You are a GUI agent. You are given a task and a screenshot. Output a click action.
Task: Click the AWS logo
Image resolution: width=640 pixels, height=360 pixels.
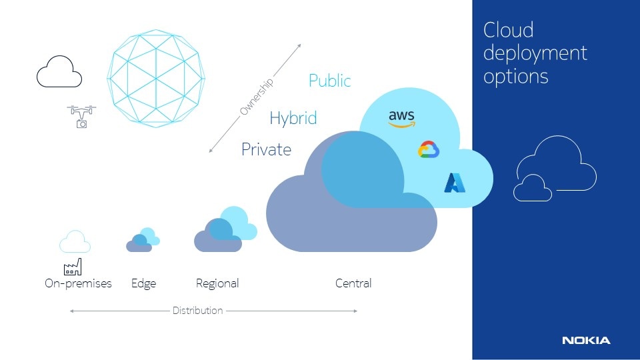pyautogui.click(x=401, y=119)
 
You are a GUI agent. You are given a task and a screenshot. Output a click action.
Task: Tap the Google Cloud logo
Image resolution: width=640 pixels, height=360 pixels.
pyautogui.click(x=429, y=149)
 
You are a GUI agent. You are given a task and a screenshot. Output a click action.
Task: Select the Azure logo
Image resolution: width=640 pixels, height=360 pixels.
pyautogui.click(x=455, y=183)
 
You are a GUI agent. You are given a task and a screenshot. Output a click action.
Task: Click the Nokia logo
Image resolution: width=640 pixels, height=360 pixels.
pyautogui.click(x=586, y=341)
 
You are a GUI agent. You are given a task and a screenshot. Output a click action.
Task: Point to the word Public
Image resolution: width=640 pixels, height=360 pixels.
pyautogui.click(x=330, y=81)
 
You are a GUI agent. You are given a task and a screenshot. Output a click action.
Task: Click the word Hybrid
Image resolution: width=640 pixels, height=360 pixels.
pyautogui.click(x=293, y=119)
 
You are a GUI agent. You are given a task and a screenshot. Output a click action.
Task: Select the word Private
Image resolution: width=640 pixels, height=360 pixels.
pyautogui.click(x=266, y=149)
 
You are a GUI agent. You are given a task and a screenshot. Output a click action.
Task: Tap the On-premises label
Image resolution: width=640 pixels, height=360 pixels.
pyautogui.click(x=78, y=283)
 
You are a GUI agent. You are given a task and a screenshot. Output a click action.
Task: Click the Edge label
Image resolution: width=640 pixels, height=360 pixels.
pyautogui.click(x=144, y=284)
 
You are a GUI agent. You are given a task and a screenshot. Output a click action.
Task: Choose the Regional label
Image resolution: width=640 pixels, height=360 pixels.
pyautogui.click(x=217, y=284)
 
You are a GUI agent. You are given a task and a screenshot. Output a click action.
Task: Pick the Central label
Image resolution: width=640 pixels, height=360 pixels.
pyautogui.click(x=353, y=283)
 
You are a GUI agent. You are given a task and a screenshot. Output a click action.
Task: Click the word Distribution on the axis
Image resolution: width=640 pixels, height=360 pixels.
pyautogui.click(x=197, y=311)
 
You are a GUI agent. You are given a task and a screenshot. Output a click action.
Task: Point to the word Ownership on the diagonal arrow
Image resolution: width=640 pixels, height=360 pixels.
pyautogui.click(x=256, y=97)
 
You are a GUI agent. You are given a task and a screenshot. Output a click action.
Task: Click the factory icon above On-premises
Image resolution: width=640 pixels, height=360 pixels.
pyautogui.click(x=73, y=267)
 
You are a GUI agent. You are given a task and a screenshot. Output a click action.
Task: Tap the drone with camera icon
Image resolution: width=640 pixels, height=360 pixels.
pyautogui.click(x=81, y=117)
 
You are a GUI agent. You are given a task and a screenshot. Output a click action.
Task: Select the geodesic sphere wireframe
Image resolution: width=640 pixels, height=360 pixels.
pyautogui.click(x=156, y=79)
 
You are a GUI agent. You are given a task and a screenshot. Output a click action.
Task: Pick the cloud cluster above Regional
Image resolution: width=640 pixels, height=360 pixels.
pyautogui.click(x=225, y=229)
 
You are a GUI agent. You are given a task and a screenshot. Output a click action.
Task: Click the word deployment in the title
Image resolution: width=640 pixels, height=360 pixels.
pyautogui.click(x=535, y=53)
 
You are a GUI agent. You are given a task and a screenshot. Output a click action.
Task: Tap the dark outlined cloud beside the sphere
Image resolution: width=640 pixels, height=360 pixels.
pyautogui.click(x=59, y=71)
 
